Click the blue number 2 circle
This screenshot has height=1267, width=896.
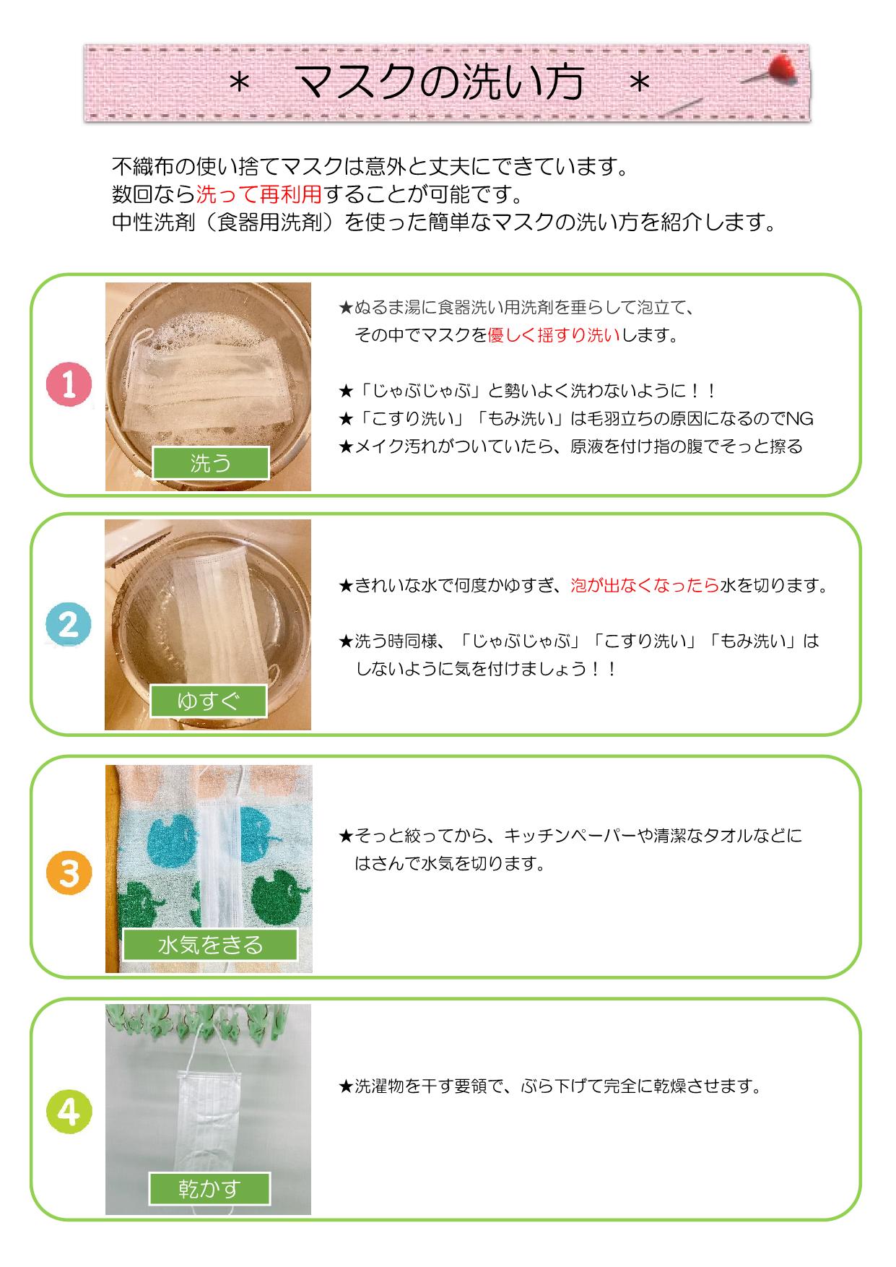[x=69, y=624]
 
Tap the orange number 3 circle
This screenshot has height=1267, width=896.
[x=69, y=873]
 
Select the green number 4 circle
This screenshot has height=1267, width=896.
[x=69, y=1113]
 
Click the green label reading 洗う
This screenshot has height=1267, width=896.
[x=210, y=463]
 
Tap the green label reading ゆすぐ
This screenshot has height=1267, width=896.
[x=208, y=701]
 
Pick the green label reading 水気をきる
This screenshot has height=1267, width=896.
[x=210, y=944]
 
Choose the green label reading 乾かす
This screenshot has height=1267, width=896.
[x=209, y=1189]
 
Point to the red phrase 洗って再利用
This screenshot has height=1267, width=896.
[x=258, y=194]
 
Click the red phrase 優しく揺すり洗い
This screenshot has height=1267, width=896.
[x=554, y=335]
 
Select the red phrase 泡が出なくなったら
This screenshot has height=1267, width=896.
[x=645, y=585]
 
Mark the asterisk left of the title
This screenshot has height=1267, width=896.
[x=239, y=85]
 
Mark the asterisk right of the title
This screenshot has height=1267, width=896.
[x=640, y=85]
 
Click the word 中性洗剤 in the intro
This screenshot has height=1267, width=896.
[x=154, y=222]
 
